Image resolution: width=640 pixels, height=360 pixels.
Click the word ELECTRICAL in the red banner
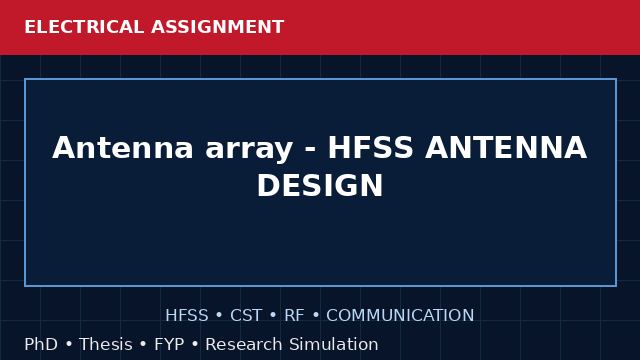[84, 27]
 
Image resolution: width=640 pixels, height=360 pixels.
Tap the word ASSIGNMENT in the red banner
[218, 27]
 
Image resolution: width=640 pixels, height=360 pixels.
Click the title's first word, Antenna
[122, 148]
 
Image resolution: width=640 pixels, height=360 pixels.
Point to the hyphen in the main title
[311, 150]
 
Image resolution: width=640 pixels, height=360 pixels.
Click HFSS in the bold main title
[370, 148]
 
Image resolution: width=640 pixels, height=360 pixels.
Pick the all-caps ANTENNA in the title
[506, 148]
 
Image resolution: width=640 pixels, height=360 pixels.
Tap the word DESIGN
[320, 186]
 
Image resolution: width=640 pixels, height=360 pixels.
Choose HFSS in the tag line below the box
[187, 316]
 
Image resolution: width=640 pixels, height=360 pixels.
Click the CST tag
[246, 316]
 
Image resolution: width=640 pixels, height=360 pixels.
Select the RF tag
[294, 316]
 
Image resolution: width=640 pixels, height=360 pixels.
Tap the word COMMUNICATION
[400, 316]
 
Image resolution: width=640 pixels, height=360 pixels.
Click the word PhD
[41, 344]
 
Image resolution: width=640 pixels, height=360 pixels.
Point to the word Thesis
[106, 344]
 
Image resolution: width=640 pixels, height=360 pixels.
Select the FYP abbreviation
[169, 344]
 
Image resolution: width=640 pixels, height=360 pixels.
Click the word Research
[244, 344]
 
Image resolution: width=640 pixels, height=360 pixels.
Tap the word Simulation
[333, 344]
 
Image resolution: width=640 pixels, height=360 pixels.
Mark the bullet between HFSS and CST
[219, 316]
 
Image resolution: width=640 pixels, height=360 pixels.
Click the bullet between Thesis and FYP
[143, 344]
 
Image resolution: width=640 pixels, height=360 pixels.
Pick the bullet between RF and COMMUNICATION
[316, 316]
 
